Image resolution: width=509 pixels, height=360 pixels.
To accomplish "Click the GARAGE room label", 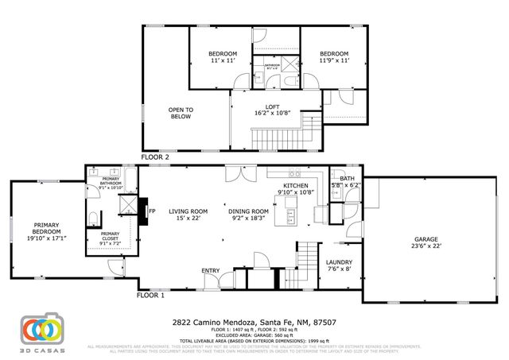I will [x=425, y=238].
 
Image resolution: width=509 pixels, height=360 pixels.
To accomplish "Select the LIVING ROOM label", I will [x=188, y=211].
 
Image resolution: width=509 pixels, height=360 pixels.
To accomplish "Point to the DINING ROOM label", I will [x=249, y=211].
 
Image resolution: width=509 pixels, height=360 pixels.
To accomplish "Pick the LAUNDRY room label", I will [x=339, y=262].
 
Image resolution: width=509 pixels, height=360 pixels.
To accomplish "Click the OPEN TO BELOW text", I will [x=181, y=113].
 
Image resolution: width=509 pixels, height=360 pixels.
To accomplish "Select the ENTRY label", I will [x=211, y=271].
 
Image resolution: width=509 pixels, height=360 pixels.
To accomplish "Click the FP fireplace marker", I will [x=152, y=211].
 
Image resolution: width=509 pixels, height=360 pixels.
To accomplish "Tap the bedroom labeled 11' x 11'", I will [x=212, y=56].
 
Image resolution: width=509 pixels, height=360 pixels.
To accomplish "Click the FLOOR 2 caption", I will [x=155, y=157].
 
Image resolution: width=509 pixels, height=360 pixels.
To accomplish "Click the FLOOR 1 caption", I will [x=150, y=295].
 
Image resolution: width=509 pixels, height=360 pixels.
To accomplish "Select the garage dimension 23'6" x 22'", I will [x=425, y=246].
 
